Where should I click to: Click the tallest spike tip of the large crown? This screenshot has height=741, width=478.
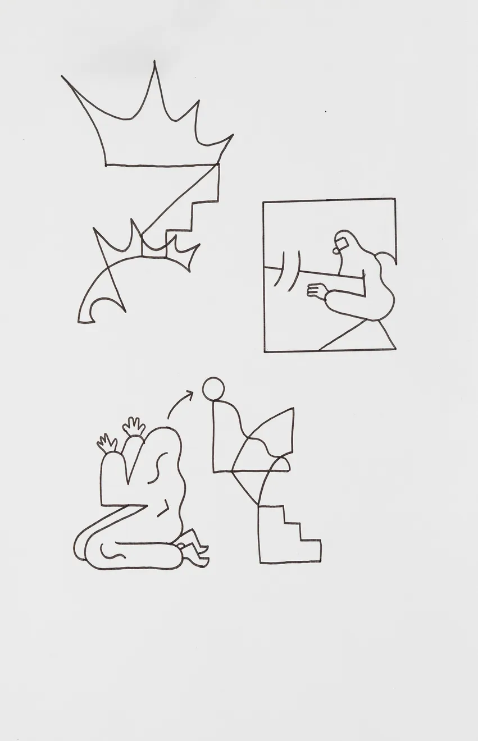pos(154,62)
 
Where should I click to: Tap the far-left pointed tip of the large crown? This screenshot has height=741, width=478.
pos(62,76)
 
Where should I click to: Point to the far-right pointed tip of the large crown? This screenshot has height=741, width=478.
pos(233,135)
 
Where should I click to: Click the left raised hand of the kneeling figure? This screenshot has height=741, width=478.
pos(106,443)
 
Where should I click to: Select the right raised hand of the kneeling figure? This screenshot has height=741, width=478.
pos(134,427)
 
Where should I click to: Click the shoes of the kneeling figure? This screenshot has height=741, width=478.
pos(194,550)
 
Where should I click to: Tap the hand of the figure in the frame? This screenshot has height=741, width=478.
pos(317,291)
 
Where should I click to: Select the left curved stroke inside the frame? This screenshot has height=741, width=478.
pos(280,269)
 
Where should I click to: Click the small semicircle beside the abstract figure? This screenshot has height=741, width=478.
pos(281,464)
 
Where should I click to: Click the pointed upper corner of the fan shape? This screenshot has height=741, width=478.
pos(293,409)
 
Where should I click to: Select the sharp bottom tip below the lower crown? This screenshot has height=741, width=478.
pos(124,310)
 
